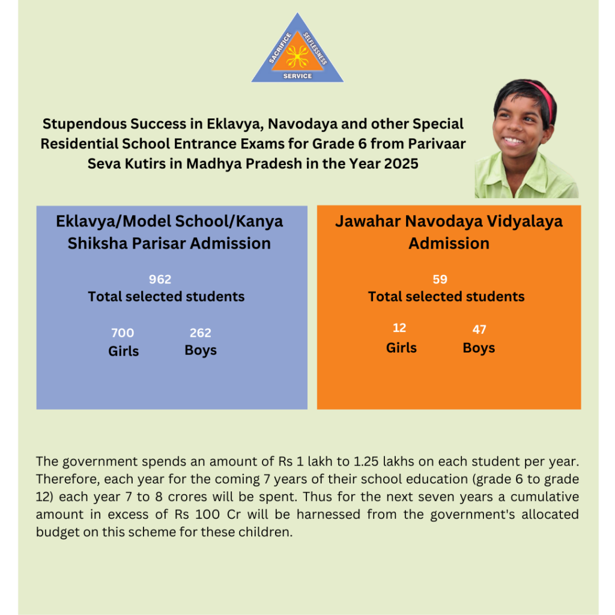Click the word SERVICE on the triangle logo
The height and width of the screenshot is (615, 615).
pyautogui.click(x=297, y=76)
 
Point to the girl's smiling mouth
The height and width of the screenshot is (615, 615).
pyautogui.click(x=514, y=141)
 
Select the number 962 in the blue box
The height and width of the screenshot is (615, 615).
pyautogui.click(x=160, y=279)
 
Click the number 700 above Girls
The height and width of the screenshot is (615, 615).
pyautogui.click(x=123, y=333)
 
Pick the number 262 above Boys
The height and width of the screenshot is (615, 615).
pyautogui.click(x=201, y=333)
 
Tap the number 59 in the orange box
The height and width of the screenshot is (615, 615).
pyautogui.click(x=440, y=279)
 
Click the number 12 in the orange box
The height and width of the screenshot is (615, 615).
pyautogui.click(x=399, y=328)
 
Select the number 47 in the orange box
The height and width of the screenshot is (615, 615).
pyautogui.click(x=479, y=329)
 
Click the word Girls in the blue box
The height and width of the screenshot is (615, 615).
pyautogui.click(x=124, y=351)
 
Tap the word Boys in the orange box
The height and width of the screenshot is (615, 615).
pyautogui.click(x=479, y=348)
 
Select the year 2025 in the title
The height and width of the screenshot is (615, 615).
pyautogui.click(x=398, y=163)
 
